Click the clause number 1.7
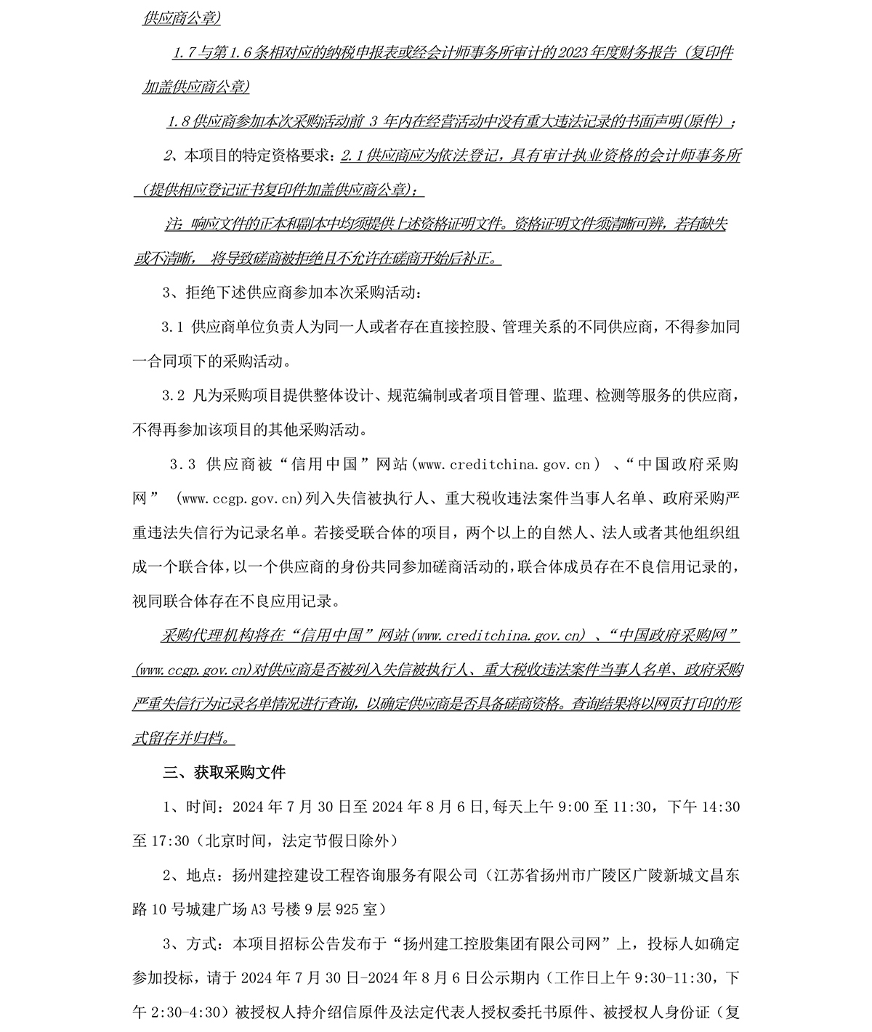(183, 53)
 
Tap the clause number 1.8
(177, 121)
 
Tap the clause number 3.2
(173, 396)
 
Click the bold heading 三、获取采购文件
(224, 773)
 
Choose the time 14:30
(723, 807)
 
